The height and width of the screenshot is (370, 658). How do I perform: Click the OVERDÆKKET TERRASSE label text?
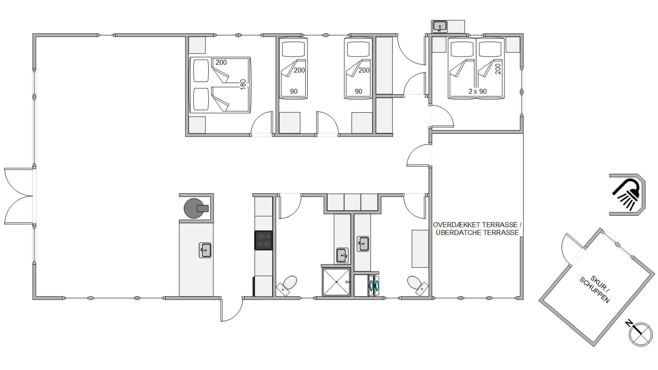point(477,225)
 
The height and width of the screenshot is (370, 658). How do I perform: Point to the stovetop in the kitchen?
point(263,240)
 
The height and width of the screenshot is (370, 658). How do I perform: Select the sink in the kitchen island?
point(205,250)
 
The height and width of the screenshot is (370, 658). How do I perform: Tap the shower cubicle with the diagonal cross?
point(336,282)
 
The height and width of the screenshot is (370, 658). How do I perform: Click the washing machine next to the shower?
point(373,286)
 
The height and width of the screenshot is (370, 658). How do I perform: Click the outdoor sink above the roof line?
point(439,26)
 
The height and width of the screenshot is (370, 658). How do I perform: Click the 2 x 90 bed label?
point(477,91)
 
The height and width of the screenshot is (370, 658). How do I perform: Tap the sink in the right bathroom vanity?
point(363,244)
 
